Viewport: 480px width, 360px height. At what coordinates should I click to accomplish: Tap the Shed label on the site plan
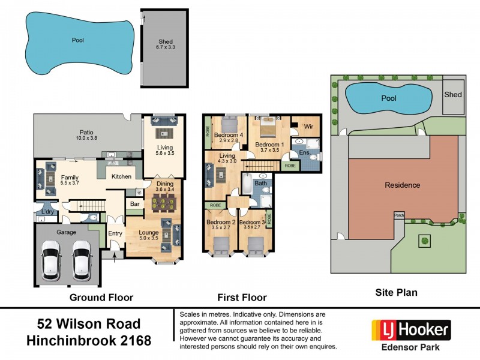point(453,95)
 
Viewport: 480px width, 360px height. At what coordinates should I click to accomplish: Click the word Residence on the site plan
point(402,185)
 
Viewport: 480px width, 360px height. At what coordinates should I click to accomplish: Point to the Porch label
point(398,215)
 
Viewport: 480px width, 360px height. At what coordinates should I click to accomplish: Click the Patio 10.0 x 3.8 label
point(86,134)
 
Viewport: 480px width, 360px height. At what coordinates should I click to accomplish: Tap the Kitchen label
point(122,176)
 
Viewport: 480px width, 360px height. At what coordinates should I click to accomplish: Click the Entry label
point(115,234)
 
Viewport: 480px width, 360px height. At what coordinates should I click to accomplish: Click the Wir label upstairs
point(310,127)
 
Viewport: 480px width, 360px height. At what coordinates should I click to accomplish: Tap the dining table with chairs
point(161,203)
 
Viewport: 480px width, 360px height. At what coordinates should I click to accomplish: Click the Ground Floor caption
point(101,297)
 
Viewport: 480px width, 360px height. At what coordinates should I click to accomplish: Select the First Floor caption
point(242,297)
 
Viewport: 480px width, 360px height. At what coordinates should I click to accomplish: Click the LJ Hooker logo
point(411,329)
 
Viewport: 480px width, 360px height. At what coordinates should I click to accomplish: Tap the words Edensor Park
point(411,347)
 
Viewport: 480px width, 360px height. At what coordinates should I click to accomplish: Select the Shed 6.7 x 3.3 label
point(165,44)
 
